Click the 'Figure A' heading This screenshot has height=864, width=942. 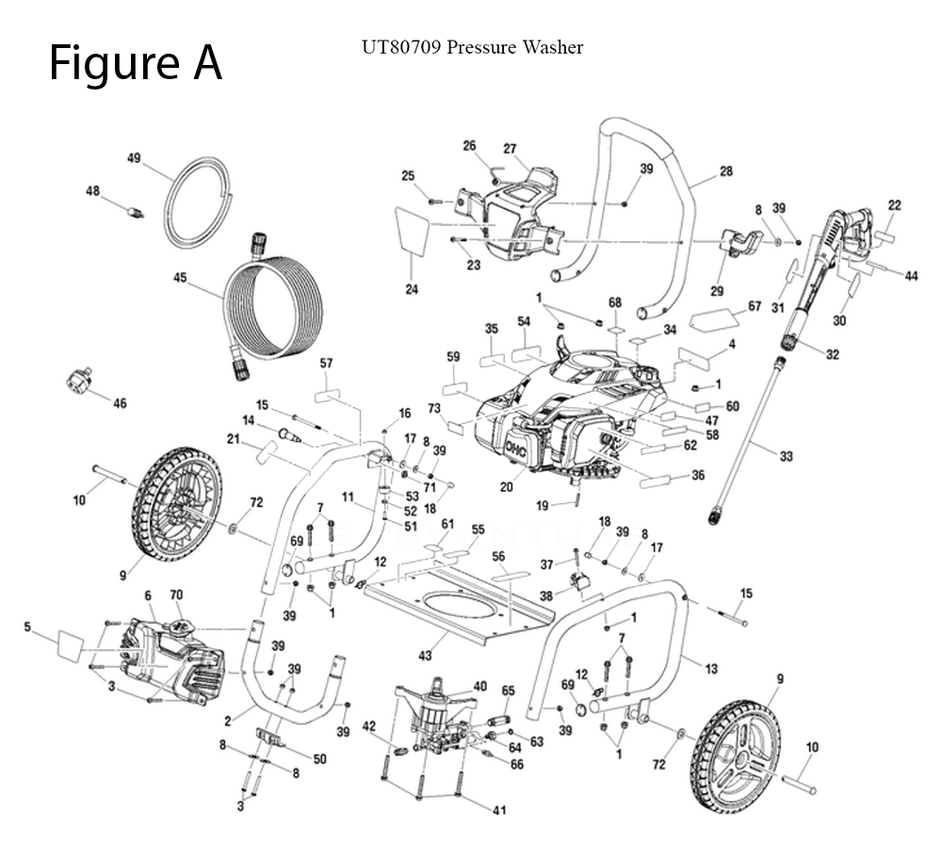click(x=136, y=63)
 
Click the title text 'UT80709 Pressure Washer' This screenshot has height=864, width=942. click(x=472, y=47)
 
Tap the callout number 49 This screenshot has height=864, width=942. click(x=134, y=158)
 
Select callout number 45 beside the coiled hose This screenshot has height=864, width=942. click(x=180, y=277)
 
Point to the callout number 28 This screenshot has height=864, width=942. click(x=725, y=171)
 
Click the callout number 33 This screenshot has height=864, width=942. click(x=786, y=456)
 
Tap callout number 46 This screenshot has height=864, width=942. click(x=120, y=403)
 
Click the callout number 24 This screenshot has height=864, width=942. click(x=412, y=289)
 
